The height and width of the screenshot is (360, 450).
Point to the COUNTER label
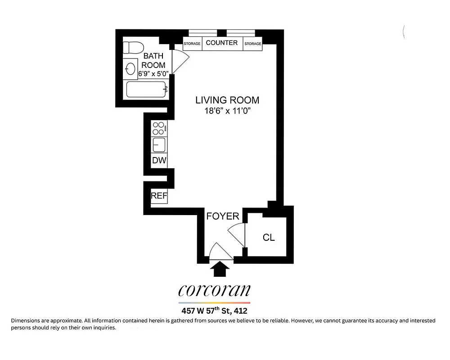click(221, 43)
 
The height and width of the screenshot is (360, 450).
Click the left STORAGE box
click(192, 44)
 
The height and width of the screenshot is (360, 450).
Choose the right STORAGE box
click(252, 44)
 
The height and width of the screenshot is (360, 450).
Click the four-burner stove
click(159, 128)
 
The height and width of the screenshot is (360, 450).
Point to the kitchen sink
click(159, 145)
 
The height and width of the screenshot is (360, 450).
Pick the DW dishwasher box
click(159, 160)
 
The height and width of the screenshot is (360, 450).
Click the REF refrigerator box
click(159, 196)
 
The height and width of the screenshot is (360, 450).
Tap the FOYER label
click(222, 216)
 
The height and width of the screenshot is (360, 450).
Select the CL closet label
click(269, 237)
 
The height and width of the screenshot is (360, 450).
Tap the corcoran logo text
click(214, 291)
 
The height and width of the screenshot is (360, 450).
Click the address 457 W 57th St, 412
click(214, 310)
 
